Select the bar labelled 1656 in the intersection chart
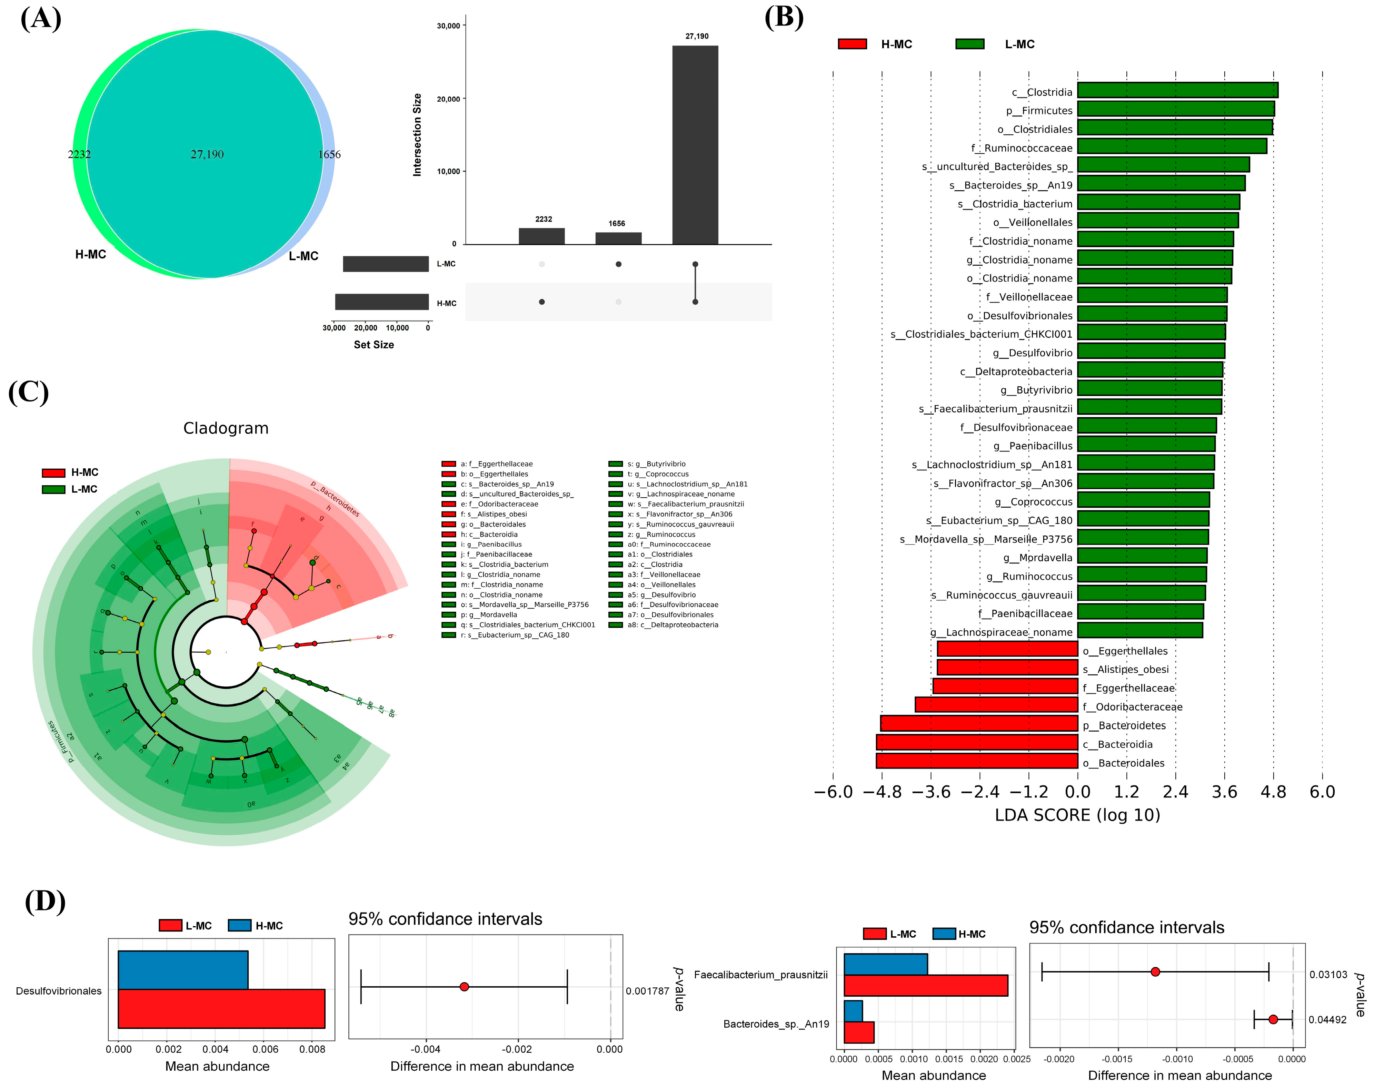tap(618, 238)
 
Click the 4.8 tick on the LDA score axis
tap(1273, 792)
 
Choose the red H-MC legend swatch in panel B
tap(852, 44)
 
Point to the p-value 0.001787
tap(647, 991)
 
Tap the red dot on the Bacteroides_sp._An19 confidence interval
tap(1273, 1020)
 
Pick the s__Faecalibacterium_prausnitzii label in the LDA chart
tap(995, 409)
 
